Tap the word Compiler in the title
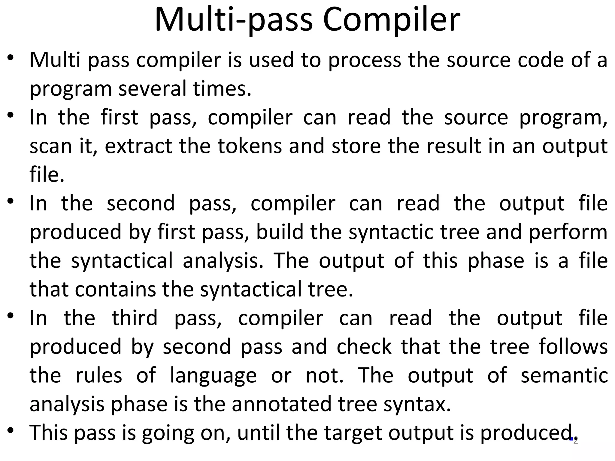391,20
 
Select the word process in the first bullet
364,60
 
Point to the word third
135,318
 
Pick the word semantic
564,375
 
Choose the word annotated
281,404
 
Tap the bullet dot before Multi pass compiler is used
11,58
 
